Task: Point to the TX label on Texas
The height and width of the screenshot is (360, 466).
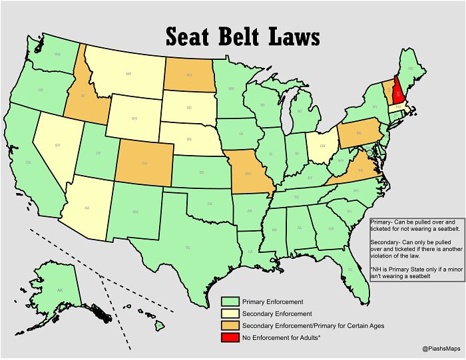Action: pos(188,247)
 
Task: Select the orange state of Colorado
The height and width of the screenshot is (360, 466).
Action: pos(144,162)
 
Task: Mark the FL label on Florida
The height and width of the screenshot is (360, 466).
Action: pos(350,270)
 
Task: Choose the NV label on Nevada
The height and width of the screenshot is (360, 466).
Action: pos(57,144)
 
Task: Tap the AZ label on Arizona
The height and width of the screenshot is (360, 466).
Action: pos(87,208)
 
